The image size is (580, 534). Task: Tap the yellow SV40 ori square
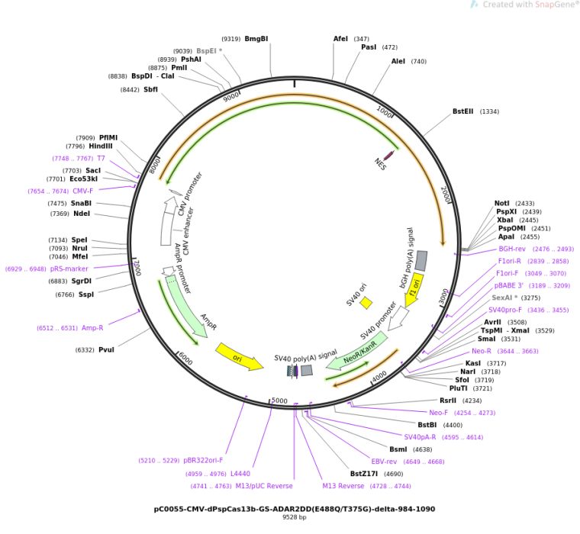pyautogui.click(x=366, y=303)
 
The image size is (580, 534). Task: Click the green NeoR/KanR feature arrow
pyautogui.click(x=352, y=358)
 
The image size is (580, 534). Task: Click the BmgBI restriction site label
pyautogui.click(x=256, y=38)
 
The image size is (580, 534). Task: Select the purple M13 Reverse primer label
pyautogui.click(x=343, y=485)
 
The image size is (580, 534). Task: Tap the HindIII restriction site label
pyautogui.click(x=100, y=146)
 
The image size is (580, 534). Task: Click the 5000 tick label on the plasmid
pyautogui.click(x=280, y=400)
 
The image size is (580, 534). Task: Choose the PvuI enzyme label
pyautogui.click(x=106, y=349)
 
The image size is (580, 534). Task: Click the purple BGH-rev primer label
pyautogui.click(x=511, y=248)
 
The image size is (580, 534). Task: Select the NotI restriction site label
pyautogui.click(x=502, y=204)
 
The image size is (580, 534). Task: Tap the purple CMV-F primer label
pyautogui.click(x=83, y=191)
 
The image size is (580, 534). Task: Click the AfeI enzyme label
pyautogui.click(x=340, y=38)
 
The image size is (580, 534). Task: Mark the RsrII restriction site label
pyautogui.click(x=448, y=400)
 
